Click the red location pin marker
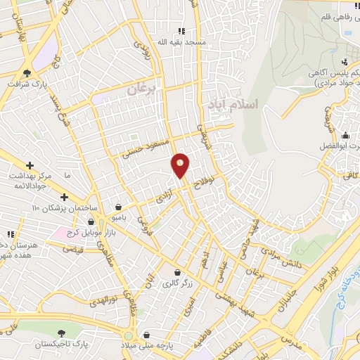[x=181, y=165]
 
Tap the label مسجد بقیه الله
[x=181, y=42]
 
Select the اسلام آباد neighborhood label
[x=233, y=103]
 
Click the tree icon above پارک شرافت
[x=27, y=72]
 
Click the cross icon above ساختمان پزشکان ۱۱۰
[x=65, y=198]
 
